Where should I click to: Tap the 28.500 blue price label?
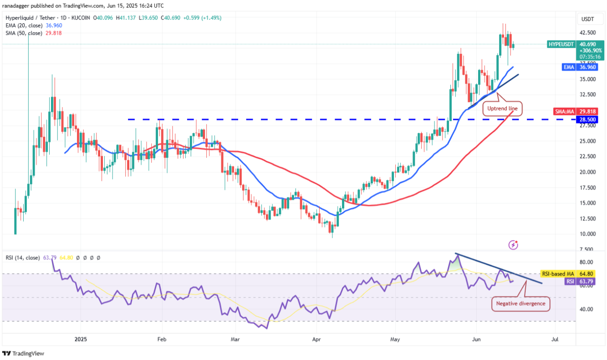click(x=587, y=119)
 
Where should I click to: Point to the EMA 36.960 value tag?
click(x=587, y=67)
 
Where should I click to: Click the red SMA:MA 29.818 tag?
click(x=587, y=111)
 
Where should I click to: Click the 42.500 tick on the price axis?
click(x=587, y=33)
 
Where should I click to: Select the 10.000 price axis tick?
click(x=587, y=234)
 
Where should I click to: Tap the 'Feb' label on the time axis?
click(x=161, y=339)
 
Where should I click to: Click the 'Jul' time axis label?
click(x=555, y=339)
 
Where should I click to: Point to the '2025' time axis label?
click(x=81, y=339)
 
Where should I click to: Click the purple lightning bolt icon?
click(x=513, y=245)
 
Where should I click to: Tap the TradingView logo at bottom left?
click(x=23, y=354)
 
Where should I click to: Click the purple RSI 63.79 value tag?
click(x=587, y=282)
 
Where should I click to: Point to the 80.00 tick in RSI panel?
click(x=587, y=262)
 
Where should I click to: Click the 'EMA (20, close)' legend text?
click(x=24, y=26)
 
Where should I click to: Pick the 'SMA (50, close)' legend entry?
click(x=24, y=33)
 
